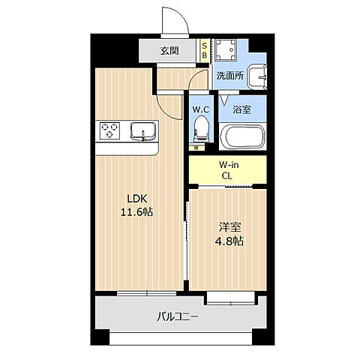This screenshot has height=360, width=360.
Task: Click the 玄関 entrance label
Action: tap(169, 51)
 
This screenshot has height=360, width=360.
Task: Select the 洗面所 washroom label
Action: tap(229, 76)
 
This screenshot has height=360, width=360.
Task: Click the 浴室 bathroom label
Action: tap(241, 109)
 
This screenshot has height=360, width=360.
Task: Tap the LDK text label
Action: tap(137, 198)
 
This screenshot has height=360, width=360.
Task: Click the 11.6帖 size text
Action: tap(137, 212)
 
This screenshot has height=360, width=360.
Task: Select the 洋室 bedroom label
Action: tap(228, 226)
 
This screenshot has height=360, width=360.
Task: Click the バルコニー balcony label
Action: tap(177, 317)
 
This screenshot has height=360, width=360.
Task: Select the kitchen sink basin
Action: tap(140, 132)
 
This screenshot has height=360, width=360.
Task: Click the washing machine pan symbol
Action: tap(224, 50)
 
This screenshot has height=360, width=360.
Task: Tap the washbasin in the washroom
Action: tap(256, 76)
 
